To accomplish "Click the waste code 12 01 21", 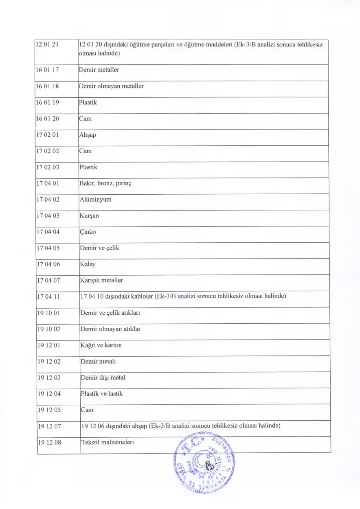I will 48,45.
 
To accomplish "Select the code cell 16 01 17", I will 48,70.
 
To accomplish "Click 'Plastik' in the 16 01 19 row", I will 88,102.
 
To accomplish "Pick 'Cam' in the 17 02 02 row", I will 86,151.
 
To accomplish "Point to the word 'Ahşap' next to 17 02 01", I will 88,135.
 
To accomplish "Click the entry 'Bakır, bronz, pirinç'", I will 105,183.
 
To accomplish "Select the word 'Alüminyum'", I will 95,200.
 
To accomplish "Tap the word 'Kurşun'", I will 89,216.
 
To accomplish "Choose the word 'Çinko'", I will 88,232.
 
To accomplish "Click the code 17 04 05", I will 48,248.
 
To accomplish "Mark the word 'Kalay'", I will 88,264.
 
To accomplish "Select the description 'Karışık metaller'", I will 101,280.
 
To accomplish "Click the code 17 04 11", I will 48,296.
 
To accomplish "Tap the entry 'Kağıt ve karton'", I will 101,345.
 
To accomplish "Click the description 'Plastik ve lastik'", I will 101,394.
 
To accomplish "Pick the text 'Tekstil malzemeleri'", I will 108,442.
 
